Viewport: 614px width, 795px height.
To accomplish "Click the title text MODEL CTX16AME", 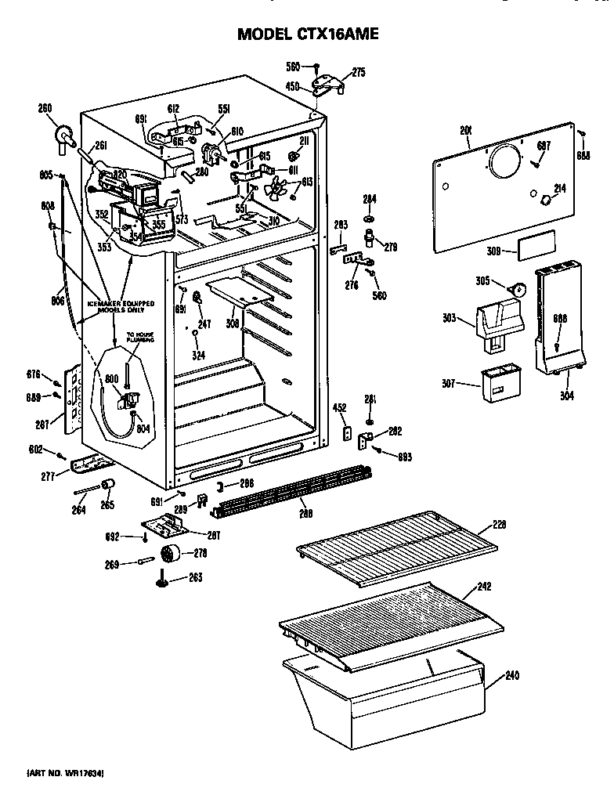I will coord(307,34).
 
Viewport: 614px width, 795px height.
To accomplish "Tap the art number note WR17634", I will coord(66,774).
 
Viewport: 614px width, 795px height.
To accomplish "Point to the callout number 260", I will coord(45,108).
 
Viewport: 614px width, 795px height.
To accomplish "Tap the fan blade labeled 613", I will coord(276,188).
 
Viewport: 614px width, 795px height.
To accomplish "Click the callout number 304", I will coord(566,396).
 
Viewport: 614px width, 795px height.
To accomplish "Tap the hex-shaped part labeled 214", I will coord(542,201).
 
